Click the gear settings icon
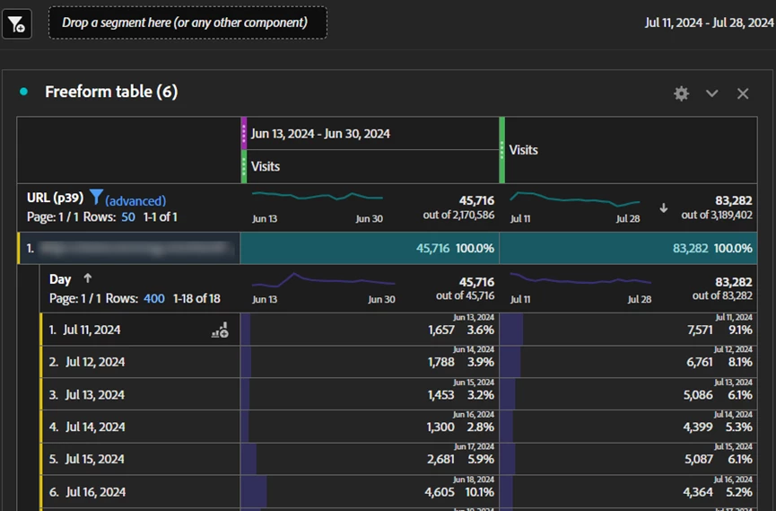[682, 93]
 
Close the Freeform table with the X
[743, 93]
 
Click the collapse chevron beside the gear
[712, 93]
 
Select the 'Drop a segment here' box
[187, 23]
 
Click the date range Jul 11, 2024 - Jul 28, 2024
[709, 23]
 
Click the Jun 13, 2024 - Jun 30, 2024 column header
[320, 134]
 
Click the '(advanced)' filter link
[135, 200]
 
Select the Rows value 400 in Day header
[154, 298]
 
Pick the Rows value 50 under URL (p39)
[128, 216]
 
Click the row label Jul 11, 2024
[92, 330]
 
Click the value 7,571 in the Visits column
[698, 330]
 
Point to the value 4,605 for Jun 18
[440, 491]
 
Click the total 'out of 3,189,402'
[716, 215]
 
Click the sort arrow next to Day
[87, 278]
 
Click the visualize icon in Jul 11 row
[220, 330]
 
